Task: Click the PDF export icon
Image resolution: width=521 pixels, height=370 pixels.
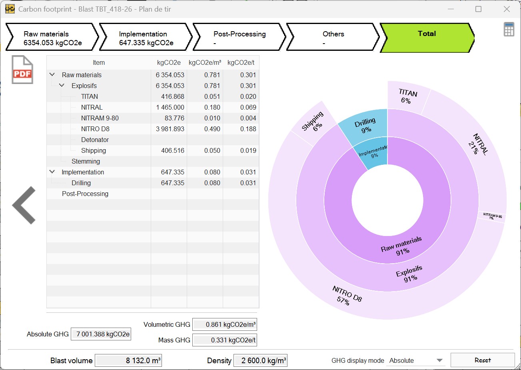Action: click(x=22, y=70)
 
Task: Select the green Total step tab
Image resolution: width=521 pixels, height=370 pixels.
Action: click(x=426, y=38)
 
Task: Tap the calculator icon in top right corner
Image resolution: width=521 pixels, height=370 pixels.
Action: click(x=509, y=30)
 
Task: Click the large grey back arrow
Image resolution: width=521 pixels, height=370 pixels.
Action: click(x=24, y=205)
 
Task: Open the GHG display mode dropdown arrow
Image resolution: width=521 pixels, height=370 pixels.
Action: click(x=439, y=360)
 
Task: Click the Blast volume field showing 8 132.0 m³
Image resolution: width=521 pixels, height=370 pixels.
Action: click(x=128, y=360)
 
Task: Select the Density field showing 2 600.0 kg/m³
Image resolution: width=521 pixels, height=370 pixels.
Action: click(x=260, y=360)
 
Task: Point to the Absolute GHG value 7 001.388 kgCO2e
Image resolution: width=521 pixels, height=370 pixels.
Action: click(x=101, y=334)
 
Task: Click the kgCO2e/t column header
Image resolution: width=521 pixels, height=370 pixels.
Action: click(x=241, y=62)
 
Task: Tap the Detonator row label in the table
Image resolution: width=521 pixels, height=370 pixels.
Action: click(x=95, y=140)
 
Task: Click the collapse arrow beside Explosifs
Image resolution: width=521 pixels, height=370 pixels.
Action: click(x=62, y=86)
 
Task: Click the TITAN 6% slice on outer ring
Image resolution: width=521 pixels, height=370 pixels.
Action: click(x=407, y=96)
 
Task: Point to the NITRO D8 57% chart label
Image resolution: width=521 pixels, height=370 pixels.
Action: click(x=346, y=295)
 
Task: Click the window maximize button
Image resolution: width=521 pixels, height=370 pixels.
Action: click(x=478, y=9)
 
